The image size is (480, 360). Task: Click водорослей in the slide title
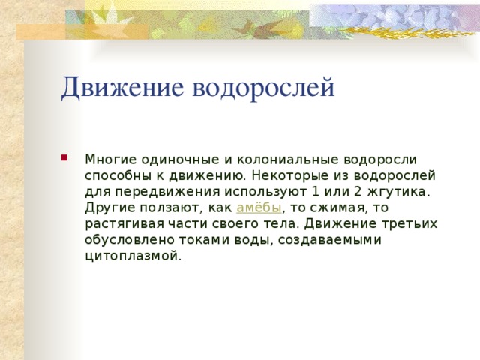[264, 87]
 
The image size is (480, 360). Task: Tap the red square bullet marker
[67, 158]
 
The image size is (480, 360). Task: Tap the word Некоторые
[283, 175]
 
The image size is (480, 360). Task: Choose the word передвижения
[165, 191]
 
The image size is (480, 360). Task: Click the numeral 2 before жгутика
[356, 191]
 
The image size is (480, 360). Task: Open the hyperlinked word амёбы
[259, 208]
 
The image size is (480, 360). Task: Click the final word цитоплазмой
[133, 256]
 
